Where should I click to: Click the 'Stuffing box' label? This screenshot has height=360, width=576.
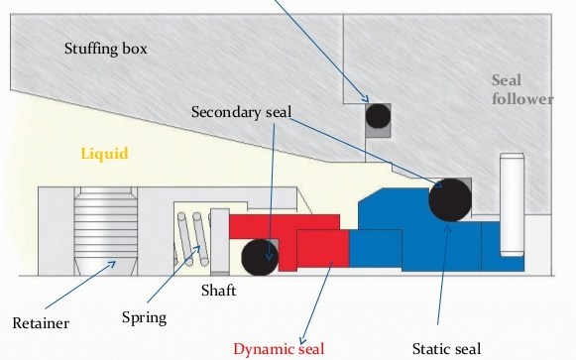tap(106, 49)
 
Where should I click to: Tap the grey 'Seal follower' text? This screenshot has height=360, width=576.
tap(522, 89)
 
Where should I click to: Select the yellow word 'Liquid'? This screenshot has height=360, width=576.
tap(105, 154)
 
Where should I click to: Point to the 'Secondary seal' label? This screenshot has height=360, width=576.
tap(241, 112)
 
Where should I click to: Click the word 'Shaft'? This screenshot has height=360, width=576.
tap(218, 291)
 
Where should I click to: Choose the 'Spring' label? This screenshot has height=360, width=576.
tap(145, 317)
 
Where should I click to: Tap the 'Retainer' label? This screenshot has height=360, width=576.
tap(41, 323)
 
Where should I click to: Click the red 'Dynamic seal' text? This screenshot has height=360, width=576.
tap(279, 349)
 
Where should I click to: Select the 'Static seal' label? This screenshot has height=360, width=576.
tap(446, 349)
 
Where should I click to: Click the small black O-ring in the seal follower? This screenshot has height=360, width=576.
tap(378, 116)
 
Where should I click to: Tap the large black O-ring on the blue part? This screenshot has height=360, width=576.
tap(450, 200)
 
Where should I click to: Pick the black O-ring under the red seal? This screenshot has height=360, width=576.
tap(260, 258)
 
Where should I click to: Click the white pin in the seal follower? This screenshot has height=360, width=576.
tap(512, 205)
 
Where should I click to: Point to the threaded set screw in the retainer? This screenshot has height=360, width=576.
tap(106, 231)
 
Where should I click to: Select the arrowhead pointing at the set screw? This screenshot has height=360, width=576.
tap(112, 264)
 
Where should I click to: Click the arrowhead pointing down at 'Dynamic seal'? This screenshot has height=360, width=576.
tap(303, 340)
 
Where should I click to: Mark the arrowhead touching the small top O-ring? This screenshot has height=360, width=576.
tap(366, 98)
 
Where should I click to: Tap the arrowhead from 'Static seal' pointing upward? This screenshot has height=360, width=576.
tap(447, 228)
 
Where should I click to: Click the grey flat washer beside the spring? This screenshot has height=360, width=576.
tap(220, 242)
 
